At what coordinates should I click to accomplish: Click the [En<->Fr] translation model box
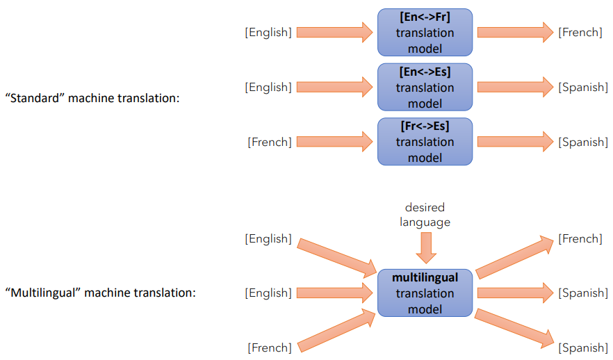click(425, 33)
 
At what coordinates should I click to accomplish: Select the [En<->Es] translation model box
click(425, 88)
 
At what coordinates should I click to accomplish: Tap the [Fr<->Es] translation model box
click(425, 142)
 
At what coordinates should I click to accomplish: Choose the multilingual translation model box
click(425, 293)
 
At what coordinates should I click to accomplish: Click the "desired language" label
click(425, 215)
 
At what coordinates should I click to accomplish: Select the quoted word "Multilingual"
click(39, 293)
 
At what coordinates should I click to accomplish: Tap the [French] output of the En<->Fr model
click(580, 33)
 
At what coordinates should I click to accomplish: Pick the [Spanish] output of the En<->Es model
click(583, 88)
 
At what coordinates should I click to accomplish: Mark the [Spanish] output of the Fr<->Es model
click(583, 142)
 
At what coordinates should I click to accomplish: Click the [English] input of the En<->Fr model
click(268, 33)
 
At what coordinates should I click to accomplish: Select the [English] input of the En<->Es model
click(268, 88)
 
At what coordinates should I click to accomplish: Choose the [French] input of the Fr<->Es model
click(270, 142)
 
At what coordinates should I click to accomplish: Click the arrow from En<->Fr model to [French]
click(515, 32)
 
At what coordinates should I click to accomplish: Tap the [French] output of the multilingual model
click(580, 239)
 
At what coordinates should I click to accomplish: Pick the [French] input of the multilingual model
click(270, 347)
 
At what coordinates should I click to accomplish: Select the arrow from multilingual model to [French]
click(515, 257)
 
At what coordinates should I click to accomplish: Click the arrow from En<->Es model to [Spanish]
click(515, 87)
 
